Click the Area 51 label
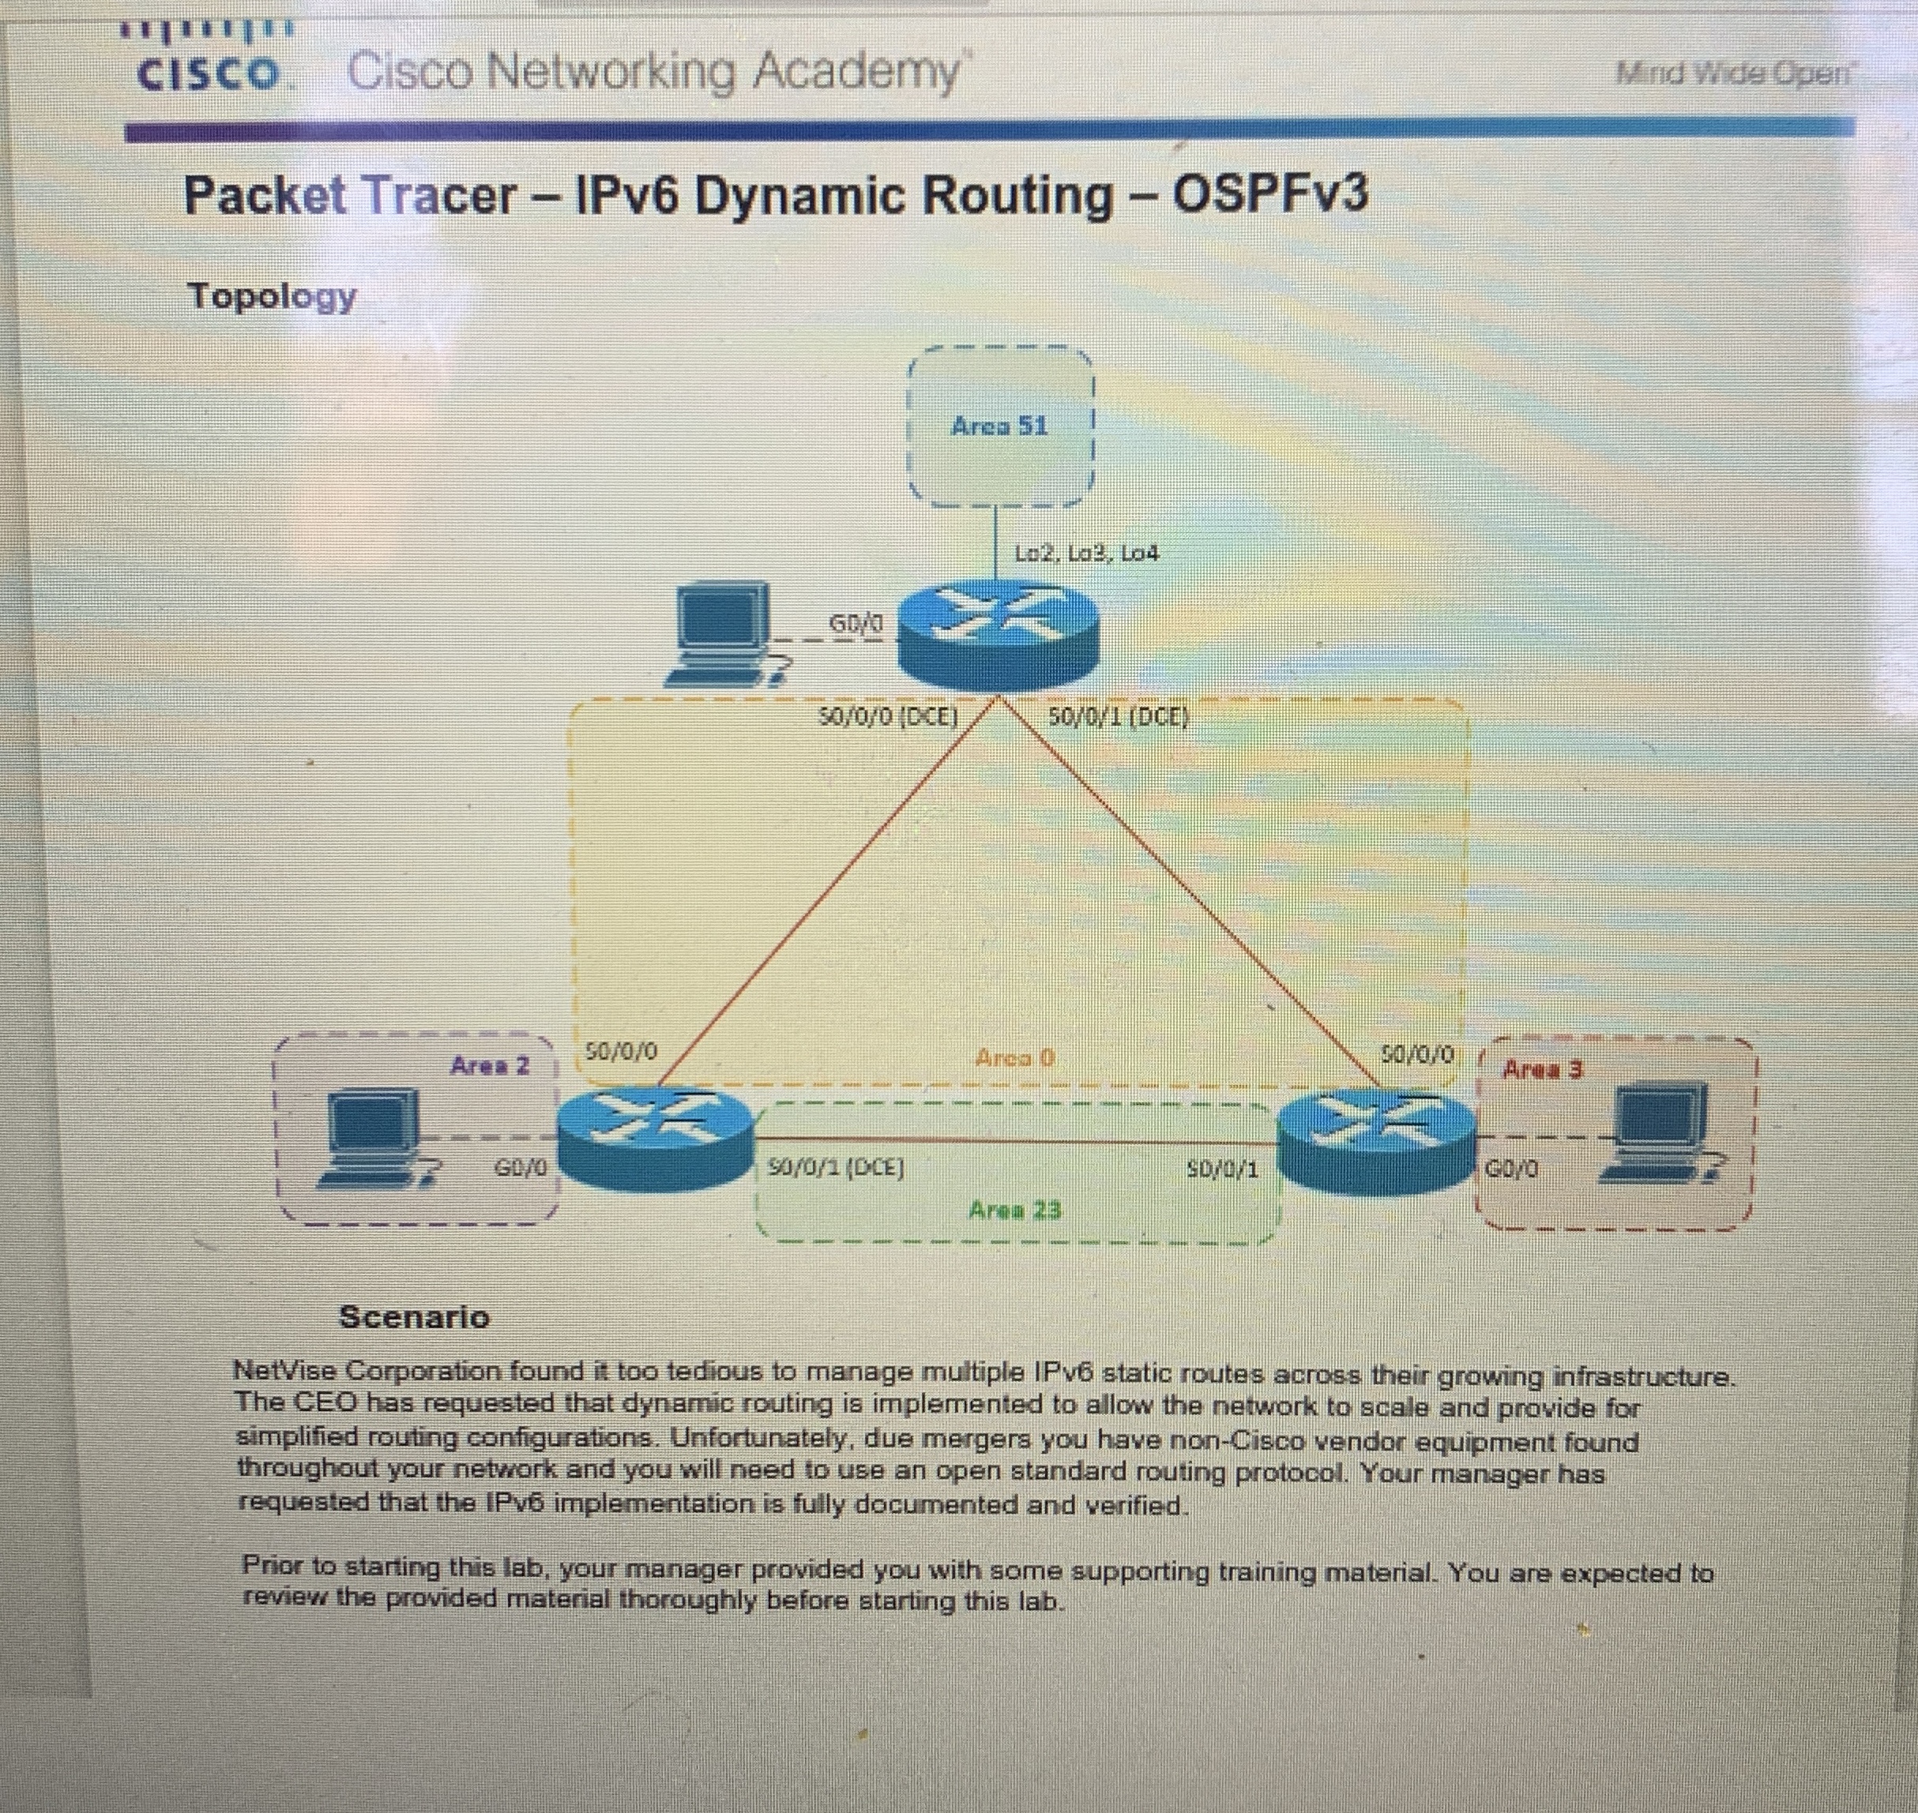[998, 426]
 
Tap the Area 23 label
[1014, 1210]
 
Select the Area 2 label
[489, 1066]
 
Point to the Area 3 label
[1543, 1070]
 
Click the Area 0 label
[1014, 1057]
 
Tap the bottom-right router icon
[1377, 1141]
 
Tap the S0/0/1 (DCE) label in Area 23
[835, 1169]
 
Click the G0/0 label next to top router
[856, 625]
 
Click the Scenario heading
[414, 1317]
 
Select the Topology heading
[272, 296]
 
